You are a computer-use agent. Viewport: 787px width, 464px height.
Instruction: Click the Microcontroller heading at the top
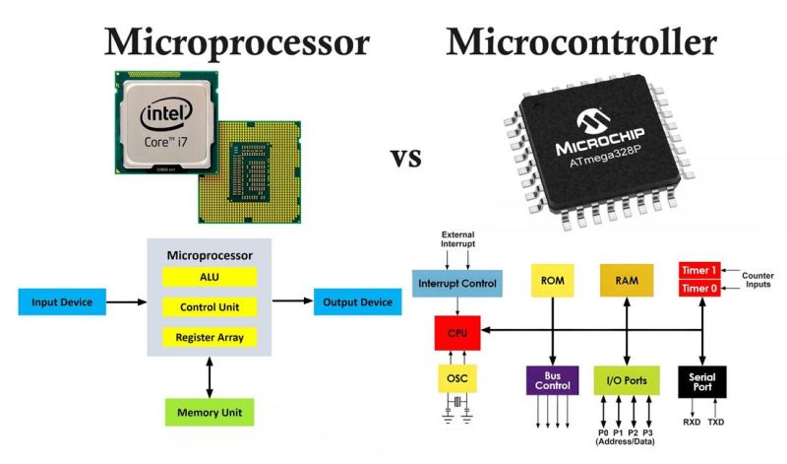coord(581,42)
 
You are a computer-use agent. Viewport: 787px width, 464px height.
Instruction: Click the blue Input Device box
coord(62,301)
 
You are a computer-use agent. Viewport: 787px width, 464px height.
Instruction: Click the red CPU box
coord(456,334)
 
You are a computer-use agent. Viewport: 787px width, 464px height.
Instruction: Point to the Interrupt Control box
coord(456,284)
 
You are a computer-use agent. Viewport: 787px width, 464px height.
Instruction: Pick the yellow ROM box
coord(552,281)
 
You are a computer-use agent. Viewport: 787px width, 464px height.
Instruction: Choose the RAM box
coord(627,281)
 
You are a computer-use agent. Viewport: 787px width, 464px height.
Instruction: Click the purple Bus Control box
coord(552,380)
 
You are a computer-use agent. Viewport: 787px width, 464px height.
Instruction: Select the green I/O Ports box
coord(627,380)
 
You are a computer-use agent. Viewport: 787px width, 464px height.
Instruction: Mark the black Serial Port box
coord(702,380)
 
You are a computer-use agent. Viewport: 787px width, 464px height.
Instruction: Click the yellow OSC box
coord(456,379)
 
